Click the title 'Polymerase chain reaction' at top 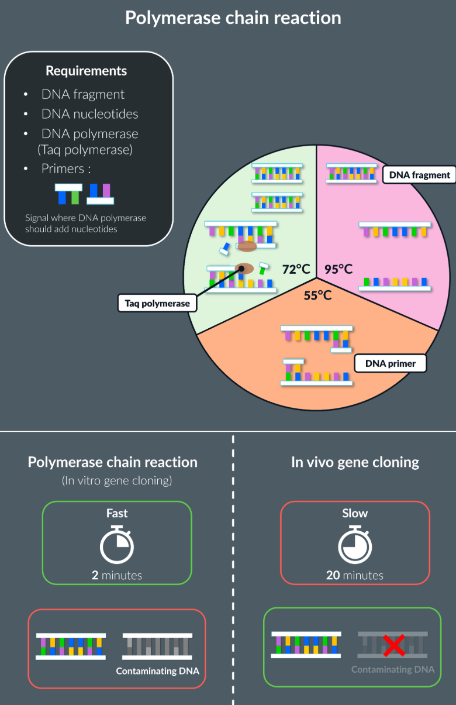coord(233,18)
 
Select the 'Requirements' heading coord(87,71)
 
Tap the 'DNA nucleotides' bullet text coord(89,114)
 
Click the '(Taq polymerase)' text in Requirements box coord(85,149)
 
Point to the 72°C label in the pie coord(296,269)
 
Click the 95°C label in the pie coord(338,269)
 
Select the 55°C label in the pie coord(317,295)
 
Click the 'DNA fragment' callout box coord(419,174)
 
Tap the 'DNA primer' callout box coord(390,363)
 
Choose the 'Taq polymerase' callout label coord(157,303)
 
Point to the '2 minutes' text coord(117,575)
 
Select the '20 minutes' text coord(355,575)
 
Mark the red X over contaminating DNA coord(395,646)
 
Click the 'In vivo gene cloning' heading coord(355,462)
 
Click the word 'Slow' coord(355,513)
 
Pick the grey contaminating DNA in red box coord(157,646)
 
